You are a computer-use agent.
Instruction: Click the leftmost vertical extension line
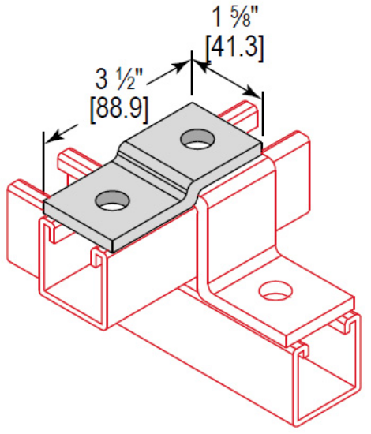click(x=43, y=170)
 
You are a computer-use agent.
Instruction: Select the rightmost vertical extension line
click(x=261, y=118)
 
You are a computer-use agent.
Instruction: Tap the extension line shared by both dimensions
click(x=191, y=79)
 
